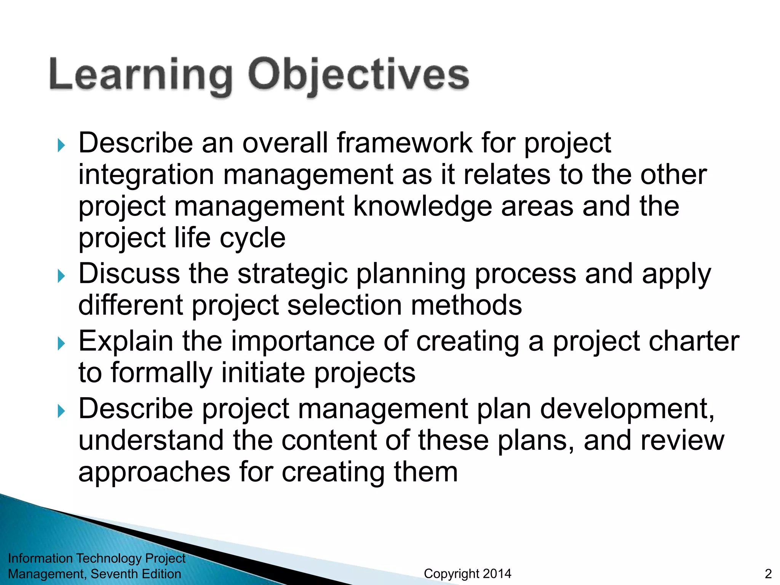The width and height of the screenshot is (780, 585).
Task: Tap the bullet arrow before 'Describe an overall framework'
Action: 61,145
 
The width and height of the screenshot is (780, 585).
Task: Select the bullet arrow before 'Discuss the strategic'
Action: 61,276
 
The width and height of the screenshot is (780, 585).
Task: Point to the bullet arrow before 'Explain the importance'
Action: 61,343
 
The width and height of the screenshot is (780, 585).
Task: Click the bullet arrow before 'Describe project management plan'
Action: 61,411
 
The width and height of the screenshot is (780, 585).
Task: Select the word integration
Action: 146,175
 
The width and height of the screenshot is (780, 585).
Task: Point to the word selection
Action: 344,305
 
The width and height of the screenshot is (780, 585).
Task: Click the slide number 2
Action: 768,574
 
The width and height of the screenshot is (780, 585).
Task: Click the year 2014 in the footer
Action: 495,574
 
